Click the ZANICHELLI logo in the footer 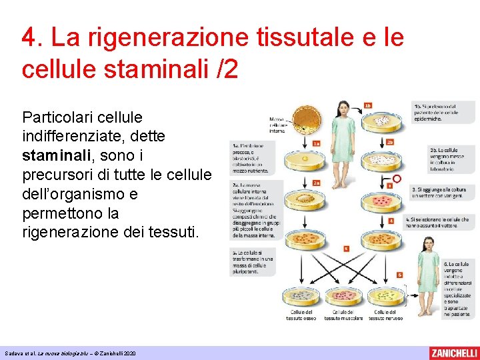pyautogui.click(x=453, y=353)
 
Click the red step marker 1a pyautogui.click(x=316, y=143)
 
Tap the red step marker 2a pyautogui.click(x=317, y=183)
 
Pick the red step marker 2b pyautogui.click(x=391, y=142)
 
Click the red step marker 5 pyautogui.click(x=346, y=249)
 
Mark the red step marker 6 pyautogui.click(x=399, y=275)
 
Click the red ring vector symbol pyautogui.click(x=397, y=179)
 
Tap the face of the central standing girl pyautogui.click(x=344, y=109)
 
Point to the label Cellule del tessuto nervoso pyautogui.click(x=385, y=315)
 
